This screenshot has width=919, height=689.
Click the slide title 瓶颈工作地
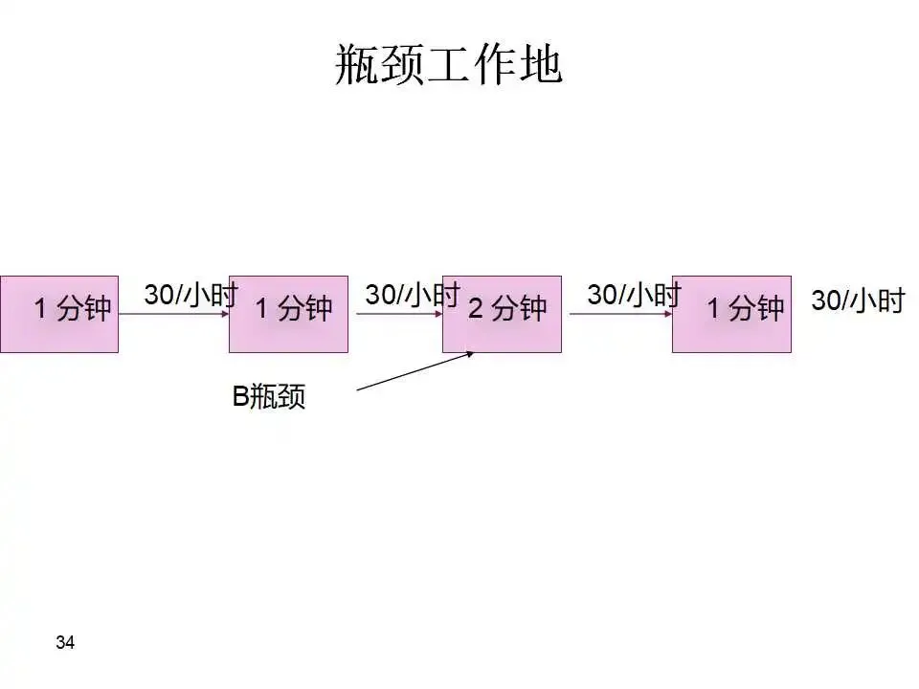(x=448, y=64)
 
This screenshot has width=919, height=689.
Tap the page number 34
(x=65, y=642)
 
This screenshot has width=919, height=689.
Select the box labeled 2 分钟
(x=502, y=314)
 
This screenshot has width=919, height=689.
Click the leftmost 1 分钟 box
(x=59, y=314)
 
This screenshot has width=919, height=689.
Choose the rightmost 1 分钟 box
(x=731, y=314)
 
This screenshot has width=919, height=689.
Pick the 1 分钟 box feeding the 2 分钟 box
(x=288, y=314)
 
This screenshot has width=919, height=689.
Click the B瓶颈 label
(x=269, y=397)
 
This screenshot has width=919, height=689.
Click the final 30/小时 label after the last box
(x=858, y=300)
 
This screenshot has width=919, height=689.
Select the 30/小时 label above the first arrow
(x=191, y=294)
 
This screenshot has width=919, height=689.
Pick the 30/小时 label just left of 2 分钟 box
(x=413, y=294)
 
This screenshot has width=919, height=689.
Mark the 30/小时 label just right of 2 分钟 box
(x=634, y=294)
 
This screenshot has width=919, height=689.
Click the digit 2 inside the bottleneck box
(x=475, y=309)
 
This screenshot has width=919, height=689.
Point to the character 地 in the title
(x=540, y=64)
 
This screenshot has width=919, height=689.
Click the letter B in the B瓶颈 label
(x=240, y=397)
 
